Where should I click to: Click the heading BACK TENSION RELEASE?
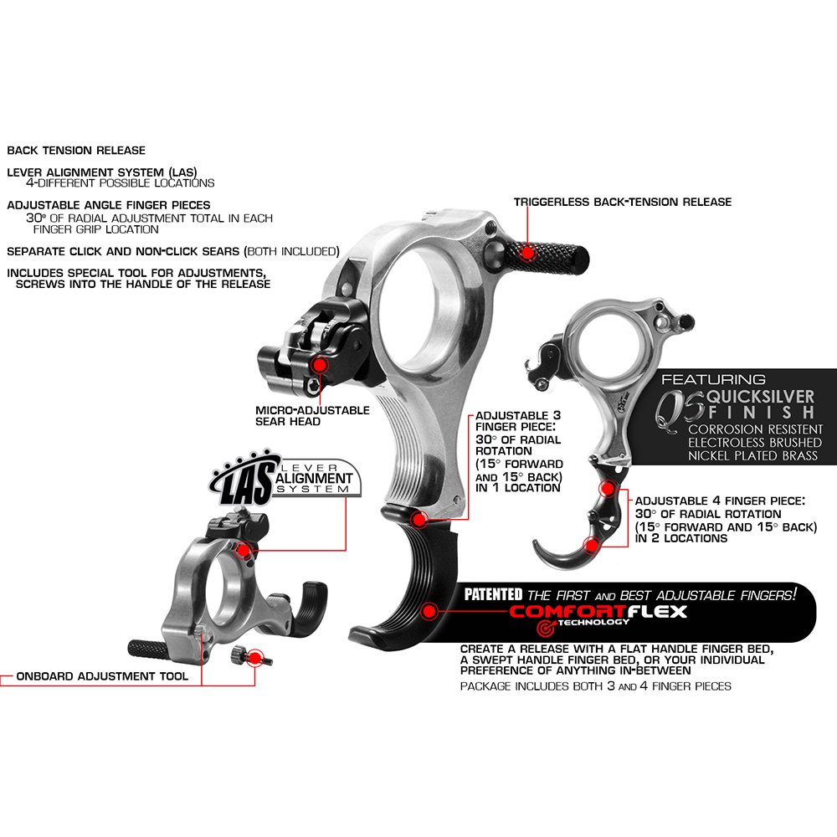(x=76, y=151)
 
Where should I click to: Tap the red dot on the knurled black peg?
(x=527, y=253)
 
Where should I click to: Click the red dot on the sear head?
(x=320, y=365)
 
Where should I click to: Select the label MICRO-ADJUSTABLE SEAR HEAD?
(x=312, y=416)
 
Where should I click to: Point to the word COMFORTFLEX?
(x=598, y=612)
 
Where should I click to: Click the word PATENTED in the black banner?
(x=493, y=594)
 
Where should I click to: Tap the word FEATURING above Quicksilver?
(x=714, y=379)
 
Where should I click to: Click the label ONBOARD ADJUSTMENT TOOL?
(x=102, y=676)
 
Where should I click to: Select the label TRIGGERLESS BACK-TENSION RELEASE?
(x=623, y=202)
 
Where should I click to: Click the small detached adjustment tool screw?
(x=250, y=656)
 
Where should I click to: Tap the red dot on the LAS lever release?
(x=244, y=550)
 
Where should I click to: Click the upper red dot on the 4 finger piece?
(x=608, y=488)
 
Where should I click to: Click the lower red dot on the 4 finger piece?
(x=592, y=545)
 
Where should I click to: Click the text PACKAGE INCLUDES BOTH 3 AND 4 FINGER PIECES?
(x=596, y=686)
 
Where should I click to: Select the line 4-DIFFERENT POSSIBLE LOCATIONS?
(x=121, y=183)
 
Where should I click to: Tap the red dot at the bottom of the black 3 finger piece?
(x=429, y=612)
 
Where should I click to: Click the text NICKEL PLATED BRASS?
(x=752, y=456)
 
